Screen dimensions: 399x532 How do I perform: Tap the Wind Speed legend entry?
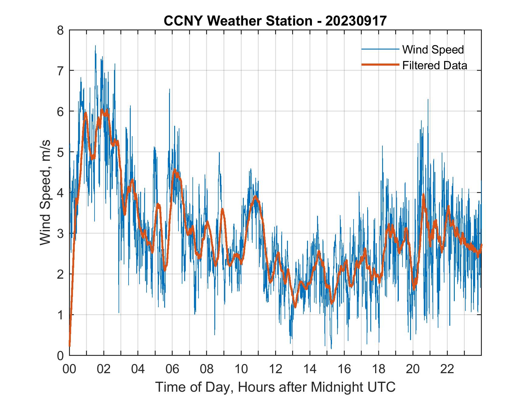pos(433,50)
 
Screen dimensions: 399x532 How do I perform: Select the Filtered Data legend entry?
pos(434,65)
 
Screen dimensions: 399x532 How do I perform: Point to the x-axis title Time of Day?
pos(275,387)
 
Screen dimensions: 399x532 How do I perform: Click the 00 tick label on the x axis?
pos(70,369)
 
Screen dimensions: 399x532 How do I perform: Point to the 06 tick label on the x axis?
pos(173,369)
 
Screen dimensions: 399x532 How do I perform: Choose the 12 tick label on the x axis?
pos(276,369)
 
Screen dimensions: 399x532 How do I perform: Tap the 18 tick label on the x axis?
pos(379,369)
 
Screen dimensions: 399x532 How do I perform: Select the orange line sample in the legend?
pos(380,65)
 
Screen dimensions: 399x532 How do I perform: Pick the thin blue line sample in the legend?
pos(380,49)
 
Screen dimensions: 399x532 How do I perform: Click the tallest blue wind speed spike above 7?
pos(95,46)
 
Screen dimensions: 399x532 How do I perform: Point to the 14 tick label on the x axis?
pos(310,369)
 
